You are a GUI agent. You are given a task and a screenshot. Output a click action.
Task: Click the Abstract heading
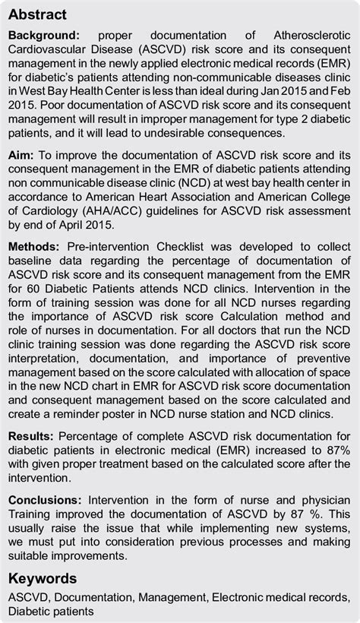point(37,15)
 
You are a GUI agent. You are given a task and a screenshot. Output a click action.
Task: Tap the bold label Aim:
point(24,154)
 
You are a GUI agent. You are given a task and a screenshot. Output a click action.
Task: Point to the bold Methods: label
point(35,248)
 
